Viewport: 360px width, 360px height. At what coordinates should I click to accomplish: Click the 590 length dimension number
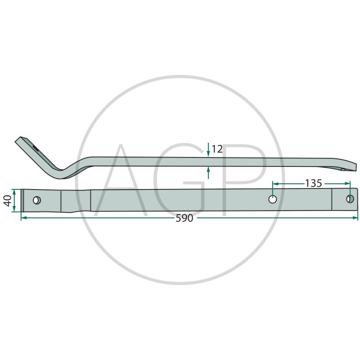pyautogui.click(x=184, y=218)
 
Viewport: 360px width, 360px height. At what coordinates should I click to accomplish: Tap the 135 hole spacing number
pyautogui.click(x=313, y=184)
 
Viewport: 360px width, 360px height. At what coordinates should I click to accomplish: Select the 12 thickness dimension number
pyautogui.click(x=217, y=149)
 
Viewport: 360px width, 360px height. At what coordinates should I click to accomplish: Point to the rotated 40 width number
pyautogui.click(x=8, y=200)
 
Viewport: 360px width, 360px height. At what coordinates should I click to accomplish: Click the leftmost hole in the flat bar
pyautogui.click(x=37, y=200)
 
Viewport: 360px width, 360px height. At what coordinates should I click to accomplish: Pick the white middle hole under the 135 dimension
pyautogui.click(x=273, y=199)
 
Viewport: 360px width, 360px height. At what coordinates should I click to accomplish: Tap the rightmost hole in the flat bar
pyautogui.click(x=350, y=199)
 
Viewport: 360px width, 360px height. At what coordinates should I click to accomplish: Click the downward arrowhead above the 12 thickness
pyautogui.click(x=208, y=154)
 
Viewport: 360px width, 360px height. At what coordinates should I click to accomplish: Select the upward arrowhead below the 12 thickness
pyautogui.click(x=208, y=170)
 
